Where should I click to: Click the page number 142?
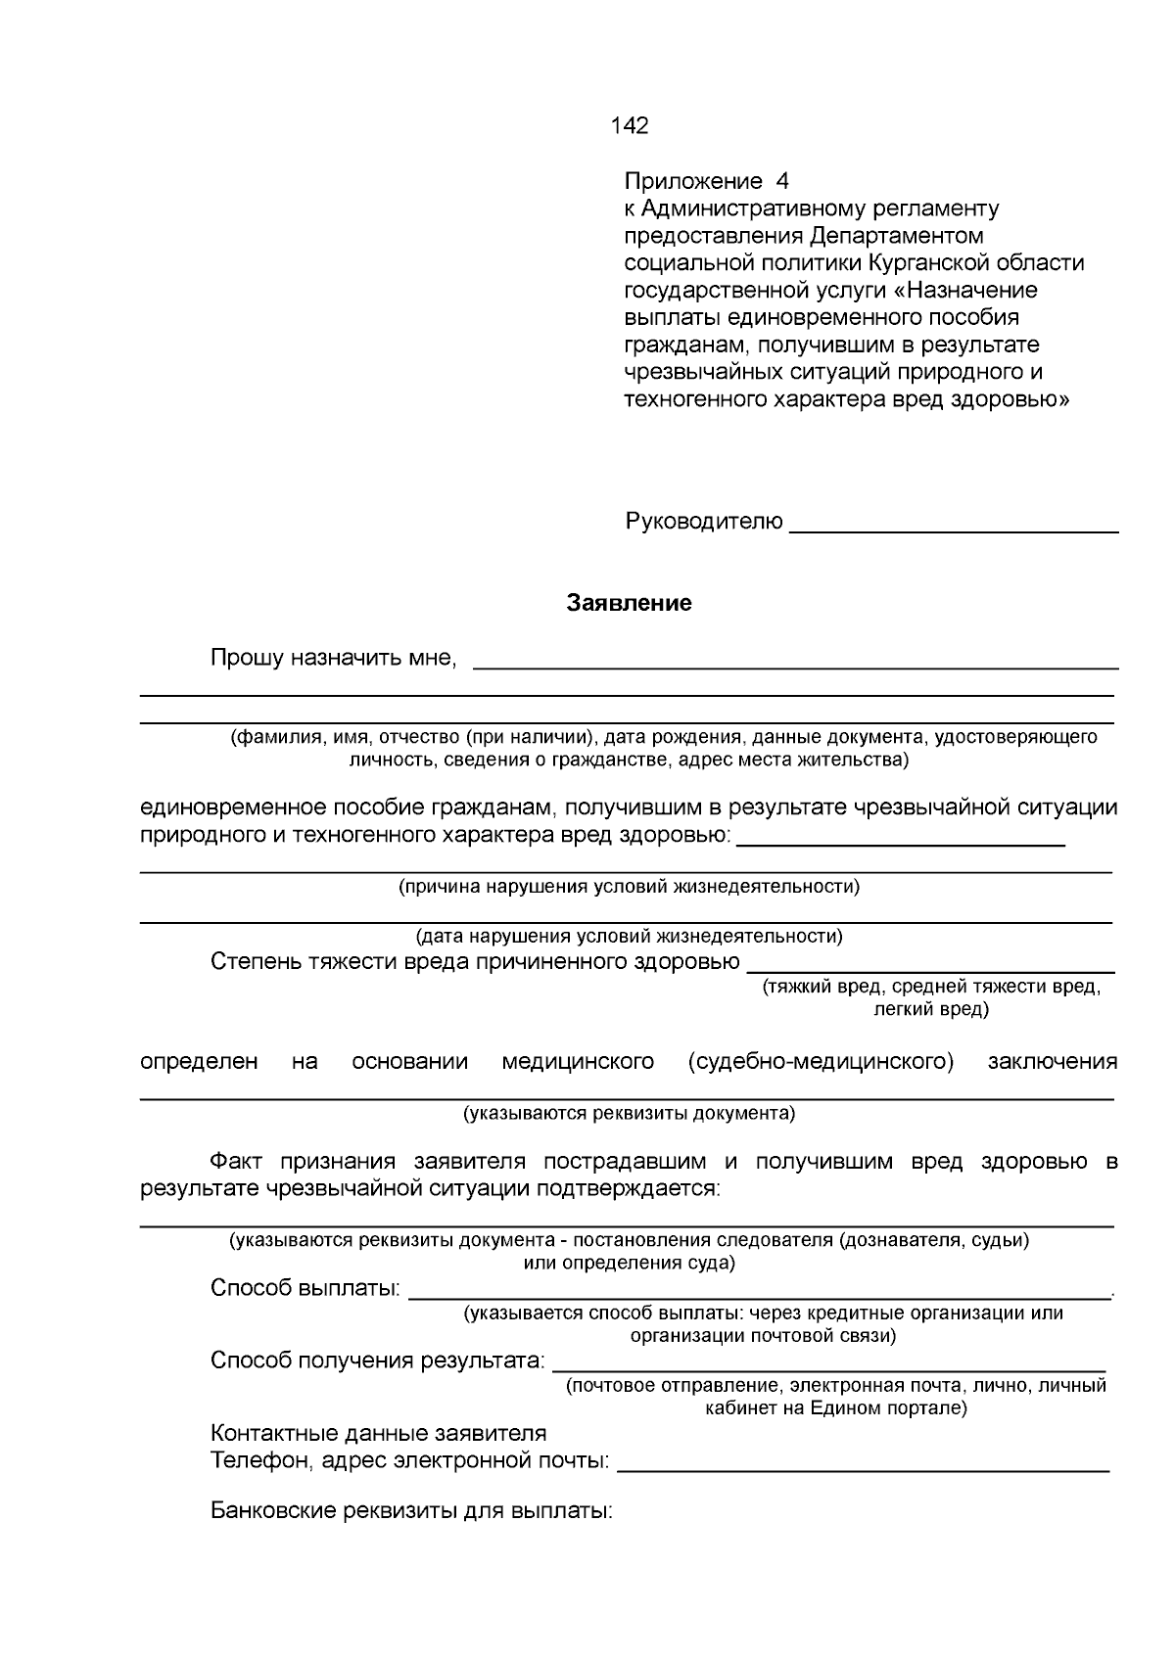[629, 125]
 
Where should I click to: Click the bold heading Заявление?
[629, 603]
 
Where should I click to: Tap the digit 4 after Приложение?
[780, 181]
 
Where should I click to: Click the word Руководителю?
[703, 522]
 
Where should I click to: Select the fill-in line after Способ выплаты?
[759, 1297]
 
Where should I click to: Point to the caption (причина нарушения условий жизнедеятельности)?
[629, 887]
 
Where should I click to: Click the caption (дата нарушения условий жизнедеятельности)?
[629, 936]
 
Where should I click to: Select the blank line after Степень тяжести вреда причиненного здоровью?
[930, 970]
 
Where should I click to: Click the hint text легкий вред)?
[930, 1009]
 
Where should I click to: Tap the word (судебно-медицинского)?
[821, 1062]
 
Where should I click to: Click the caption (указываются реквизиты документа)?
[629, 1113]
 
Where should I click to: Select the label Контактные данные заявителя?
[378, 1433]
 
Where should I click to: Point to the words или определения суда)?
[629, 1263]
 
